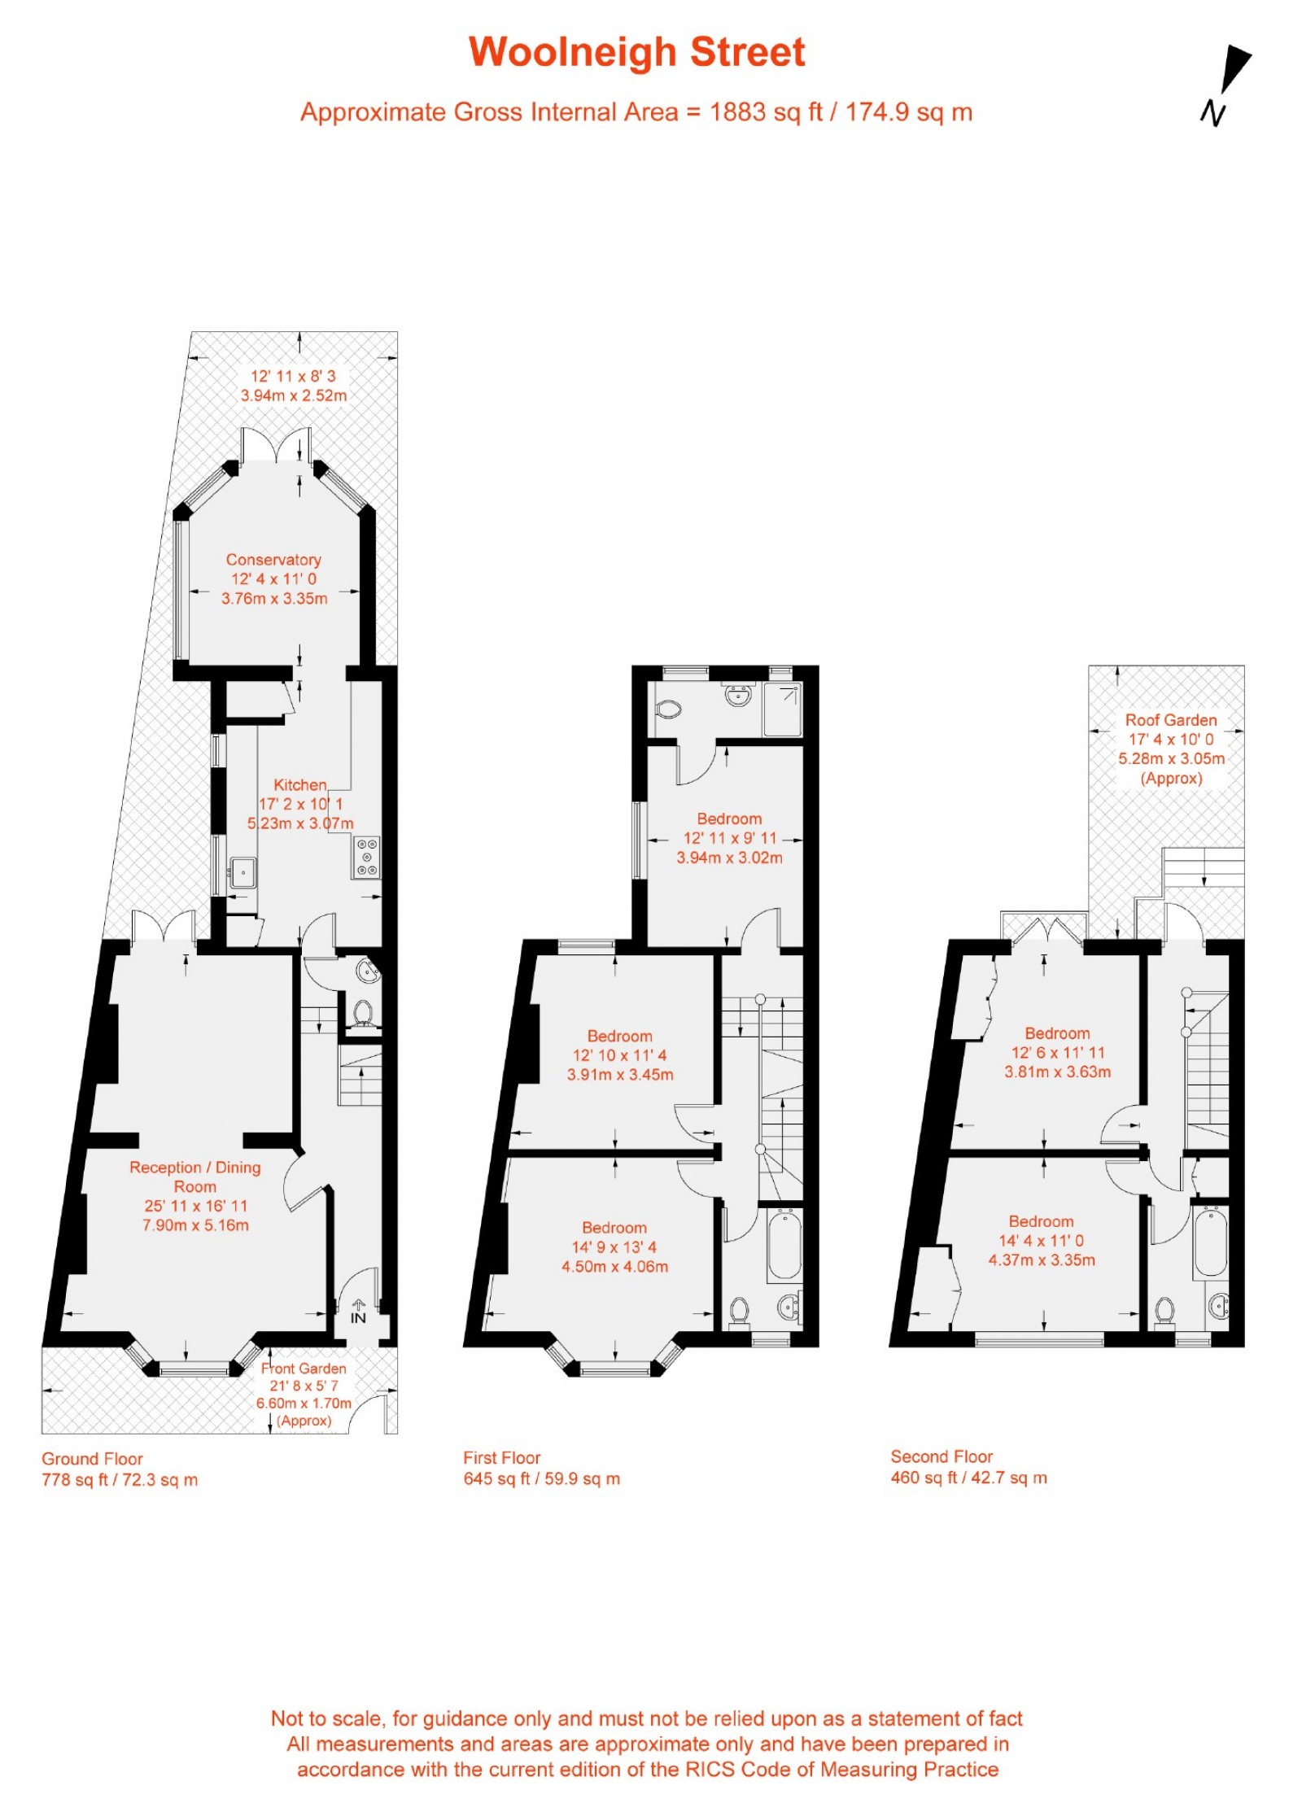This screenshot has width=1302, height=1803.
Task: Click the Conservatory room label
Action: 273,560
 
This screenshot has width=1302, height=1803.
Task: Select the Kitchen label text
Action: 299,784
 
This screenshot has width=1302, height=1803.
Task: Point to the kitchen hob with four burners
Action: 367,857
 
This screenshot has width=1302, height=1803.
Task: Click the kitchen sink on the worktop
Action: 242,872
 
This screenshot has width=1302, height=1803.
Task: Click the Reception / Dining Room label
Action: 194,1177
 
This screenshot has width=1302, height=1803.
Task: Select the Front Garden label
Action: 304,1369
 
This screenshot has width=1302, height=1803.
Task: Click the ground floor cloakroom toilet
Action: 363,1013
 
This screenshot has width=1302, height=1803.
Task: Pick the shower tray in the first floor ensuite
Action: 783,709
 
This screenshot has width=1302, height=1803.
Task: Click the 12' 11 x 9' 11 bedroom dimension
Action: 729,838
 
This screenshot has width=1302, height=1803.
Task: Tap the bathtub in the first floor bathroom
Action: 784,1244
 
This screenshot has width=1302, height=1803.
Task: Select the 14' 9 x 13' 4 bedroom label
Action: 614,1246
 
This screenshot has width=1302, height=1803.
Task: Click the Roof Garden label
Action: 1170,720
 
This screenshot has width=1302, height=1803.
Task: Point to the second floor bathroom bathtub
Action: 1210,1241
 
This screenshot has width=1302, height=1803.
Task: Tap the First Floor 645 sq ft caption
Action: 541,1468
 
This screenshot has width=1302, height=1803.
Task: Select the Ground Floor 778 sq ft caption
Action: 120,1469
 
